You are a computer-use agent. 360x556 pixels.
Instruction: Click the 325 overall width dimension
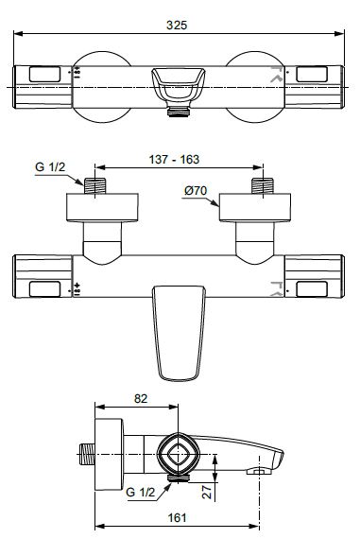pos(177,26)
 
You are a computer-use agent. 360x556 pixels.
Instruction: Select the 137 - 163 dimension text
pos(174,160)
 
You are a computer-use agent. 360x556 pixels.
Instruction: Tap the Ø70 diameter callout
pos(196,191)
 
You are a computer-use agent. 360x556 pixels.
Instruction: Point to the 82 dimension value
pos(141,399)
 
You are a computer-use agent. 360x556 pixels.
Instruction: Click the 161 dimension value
pos(177,518)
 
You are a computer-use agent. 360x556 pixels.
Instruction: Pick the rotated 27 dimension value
pos(207,491)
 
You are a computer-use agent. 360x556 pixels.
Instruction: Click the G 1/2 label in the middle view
pos(50,167)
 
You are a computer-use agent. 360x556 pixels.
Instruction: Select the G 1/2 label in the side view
pos(140,492)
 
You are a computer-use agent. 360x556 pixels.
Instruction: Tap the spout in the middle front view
pos(179,333)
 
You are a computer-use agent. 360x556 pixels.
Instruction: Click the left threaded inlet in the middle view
pos(94,186)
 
